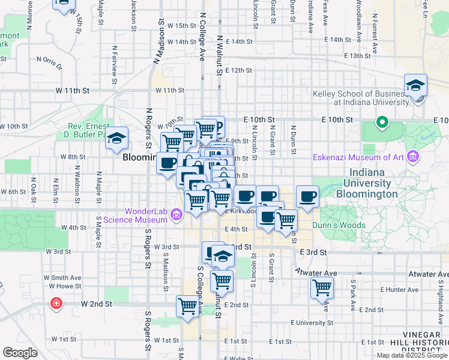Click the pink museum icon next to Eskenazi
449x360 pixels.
click(x=412, y=157)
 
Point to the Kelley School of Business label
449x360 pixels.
click(x=359, y=98)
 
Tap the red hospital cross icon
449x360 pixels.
click(x=56, y=304)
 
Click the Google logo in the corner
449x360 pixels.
click(x=20, y=353)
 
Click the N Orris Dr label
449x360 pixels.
click(x=49, y=61)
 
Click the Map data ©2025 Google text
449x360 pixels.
click(x=412, y=355)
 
